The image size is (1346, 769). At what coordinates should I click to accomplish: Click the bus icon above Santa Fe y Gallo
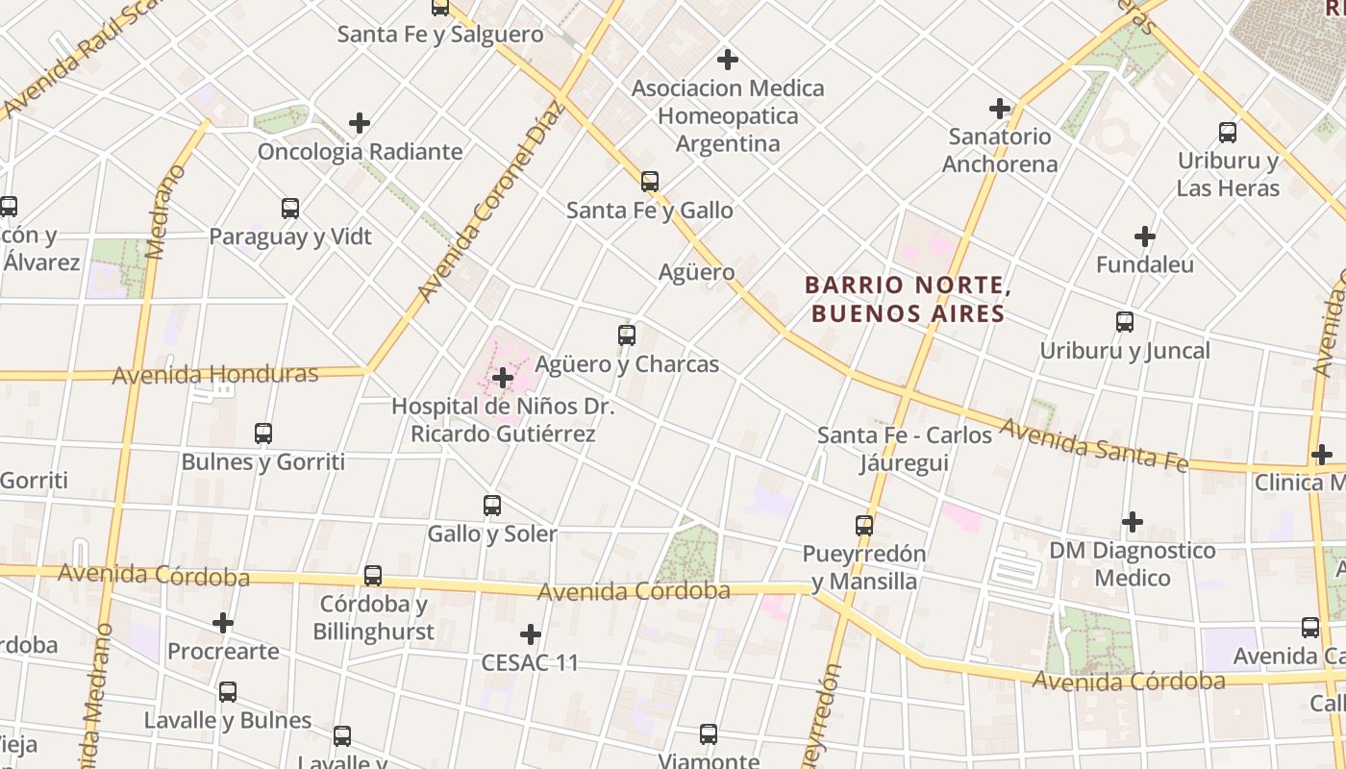[650, 181]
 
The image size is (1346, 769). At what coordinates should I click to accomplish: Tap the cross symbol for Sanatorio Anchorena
[1000, 108]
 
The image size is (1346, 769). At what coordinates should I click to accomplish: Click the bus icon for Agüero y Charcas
[627, 335]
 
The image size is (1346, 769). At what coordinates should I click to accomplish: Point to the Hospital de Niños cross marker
[502, 378]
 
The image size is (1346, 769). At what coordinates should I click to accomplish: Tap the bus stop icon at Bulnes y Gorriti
[263, 434]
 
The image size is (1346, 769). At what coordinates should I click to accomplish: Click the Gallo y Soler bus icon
[492, 505]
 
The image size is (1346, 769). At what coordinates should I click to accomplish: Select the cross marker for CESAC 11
[530, 634]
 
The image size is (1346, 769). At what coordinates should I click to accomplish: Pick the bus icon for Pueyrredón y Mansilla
[864, 526]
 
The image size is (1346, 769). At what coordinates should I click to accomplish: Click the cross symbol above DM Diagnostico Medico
[1133, 522]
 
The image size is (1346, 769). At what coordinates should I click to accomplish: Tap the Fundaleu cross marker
[1144, 236]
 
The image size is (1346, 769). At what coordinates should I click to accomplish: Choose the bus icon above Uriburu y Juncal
[1125, 322]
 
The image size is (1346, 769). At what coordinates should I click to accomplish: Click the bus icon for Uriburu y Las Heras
[1228, 133]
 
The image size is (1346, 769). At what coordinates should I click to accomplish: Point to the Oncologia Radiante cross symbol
[360, 123]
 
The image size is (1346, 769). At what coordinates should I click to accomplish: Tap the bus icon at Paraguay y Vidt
[290, 208]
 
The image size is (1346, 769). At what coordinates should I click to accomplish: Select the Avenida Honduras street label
[215, 374]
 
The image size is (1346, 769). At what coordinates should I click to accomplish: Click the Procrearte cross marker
[223, 623]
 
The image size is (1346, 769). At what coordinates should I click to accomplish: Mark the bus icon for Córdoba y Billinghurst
[373, 576]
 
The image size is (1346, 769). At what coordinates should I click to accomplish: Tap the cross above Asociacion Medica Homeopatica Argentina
[728, 60]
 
